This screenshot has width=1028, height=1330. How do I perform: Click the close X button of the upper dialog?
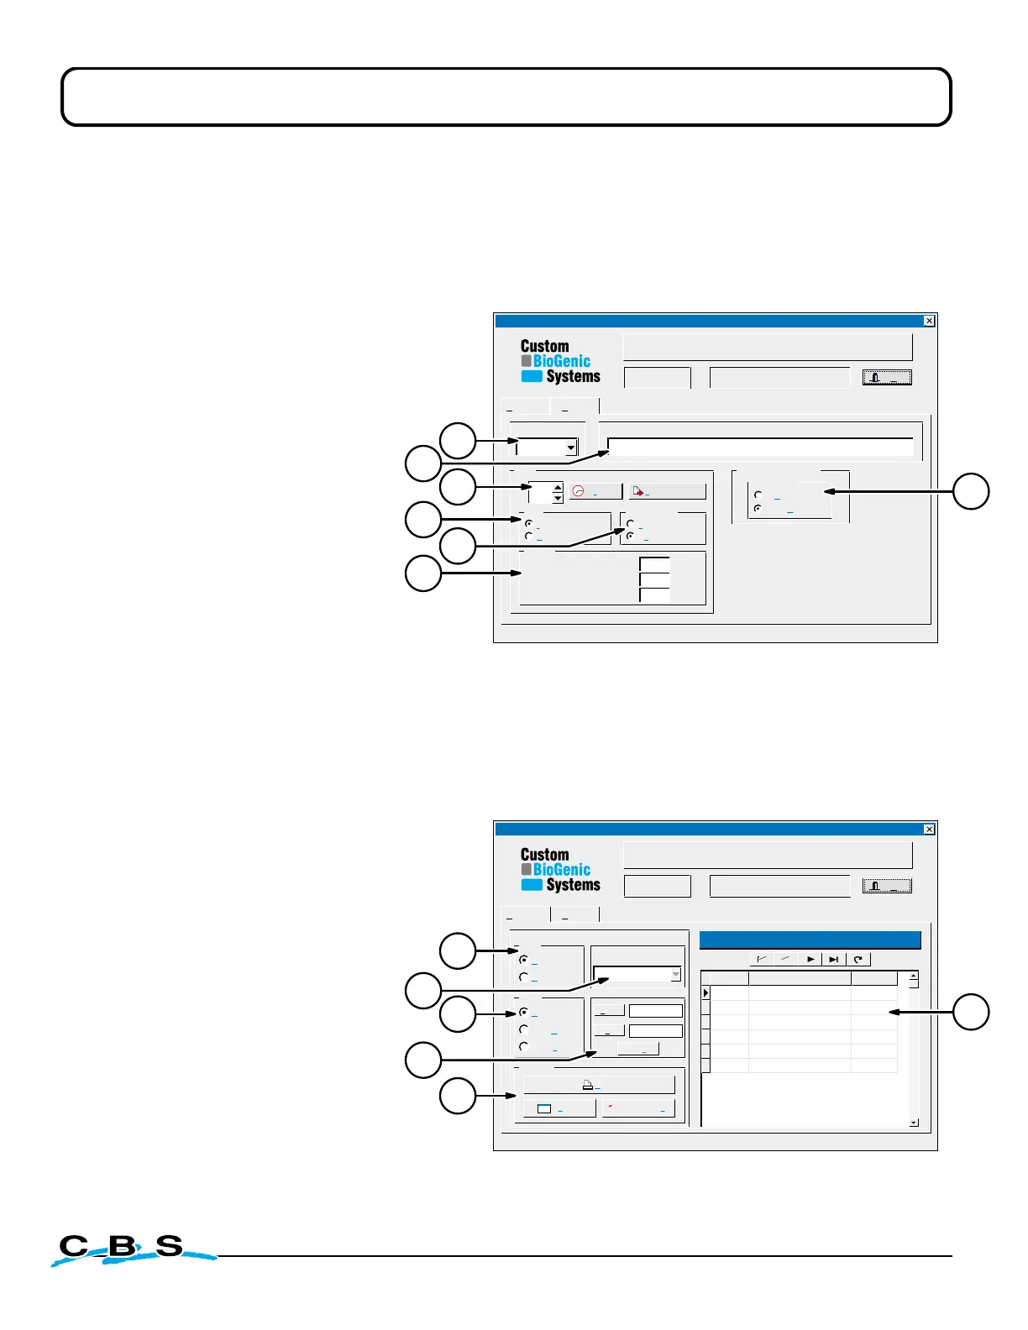coord(929,321)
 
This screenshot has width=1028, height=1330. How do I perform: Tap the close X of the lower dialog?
coord(929,830)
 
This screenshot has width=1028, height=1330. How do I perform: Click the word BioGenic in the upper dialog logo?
coord(561,361)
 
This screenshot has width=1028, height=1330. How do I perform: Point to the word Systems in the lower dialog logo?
coord(573,885)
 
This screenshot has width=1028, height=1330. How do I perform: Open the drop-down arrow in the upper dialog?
coord(571,448)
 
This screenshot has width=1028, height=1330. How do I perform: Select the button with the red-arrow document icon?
coord(667,492)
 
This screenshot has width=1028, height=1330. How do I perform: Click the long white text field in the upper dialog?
coord(759,447)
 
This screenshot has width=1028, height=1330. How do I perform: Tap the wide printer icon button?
coord(599,1085)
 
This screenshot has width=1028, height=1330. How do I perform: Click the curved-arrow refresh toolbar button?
coord(858,959)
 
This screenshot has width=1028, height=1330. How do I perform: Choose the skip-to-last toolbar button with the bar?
coord(833,959)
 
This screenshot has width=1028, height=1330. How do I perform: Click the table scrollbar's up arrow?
coord(914,976)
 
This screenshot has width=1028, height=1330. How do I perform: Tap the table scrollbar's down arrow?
coord(914,1123)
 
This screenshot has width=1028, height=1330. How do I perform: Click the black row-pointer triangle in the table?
coord(706,993)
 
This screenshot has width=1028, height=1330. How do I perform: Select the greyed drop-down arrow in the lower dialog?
coord(675,975)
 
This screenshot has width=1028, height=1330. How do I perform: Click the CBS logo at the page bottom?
coord(126,1249)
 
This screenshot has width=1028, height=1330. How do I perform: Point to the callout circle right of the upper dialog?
coord(971,491)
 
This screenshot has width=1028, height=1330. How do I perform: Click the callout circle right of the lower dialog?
coord(971,1012)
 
